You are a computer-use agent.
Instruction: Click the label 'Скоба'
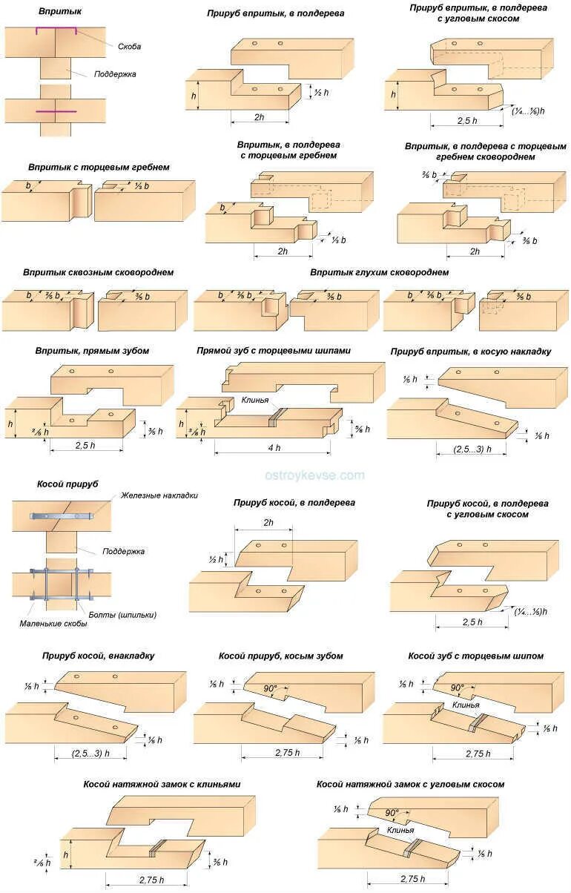(x=130, y=47)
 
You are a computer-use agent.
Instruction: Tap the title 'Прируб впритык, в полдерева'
(x=275, y=13)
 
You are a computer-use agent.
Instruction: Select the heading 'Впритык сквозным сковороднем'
(x=99, y=272)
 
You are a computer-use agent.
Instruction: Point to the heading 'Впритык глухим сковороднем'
(x=380, y=272)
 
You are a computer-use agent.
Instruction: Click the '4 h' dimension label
(x=274, y=447)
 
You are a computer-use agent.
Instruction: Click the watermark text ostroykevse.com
(x=314, y=475)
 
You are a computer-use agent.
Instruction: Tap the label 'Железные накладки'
(x=159, y=495)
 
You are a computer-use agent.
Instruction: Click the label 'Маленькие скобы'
(x=53, y=624)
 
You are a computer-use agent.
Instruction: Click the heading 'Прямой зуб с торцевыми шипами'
(x=274, y=350)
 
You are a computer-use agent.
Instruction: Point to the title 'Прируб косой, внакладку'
(x=99, y=656)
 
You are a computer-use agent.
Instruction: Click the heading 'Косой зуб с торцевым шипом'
(x=476, y=656)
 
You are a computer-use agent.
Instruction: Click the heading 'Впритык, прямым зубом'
(x=92, y=350)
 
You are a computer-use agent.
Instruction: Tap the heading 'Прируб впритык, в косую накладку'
(x=471, y=351)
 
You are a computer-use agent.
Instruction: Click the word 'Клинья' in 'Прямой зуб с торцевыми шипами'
(x=254, y=399)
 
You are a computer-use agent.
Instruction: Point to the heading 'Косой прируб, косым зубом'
(x=281, y=656)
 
